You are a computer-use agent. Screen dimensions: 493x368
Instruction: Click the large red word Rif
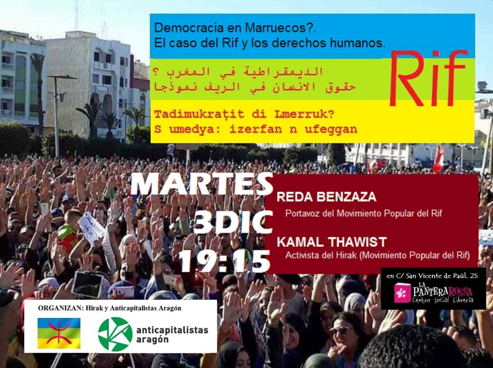pos(428,79)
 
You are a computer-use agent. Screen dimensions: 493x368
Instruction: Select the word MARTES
pos(202,185)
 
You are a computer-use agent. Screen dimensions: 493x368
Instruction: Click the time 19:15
pos(224,261)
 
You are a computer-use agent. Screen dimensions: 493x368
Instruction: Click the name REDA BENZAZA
pos(326,197)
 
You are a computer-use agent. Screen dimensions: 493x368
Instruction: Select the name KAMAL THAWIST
pos(332,242)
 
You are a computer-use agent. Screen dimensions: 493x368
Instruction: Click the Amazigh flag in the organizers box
pos(59,333)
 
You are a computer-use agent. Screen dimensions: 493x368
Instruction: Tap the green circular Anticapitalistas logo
pos(115,334)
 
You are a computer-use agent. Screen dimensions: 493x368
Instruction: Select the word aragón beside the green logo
pos(152,340)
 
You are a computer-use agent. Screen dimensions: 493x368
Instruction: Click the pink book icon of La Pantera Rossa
pos(402,293)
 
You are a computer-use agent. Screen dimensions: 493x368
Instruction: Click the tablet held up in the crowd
pos(88,285)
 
